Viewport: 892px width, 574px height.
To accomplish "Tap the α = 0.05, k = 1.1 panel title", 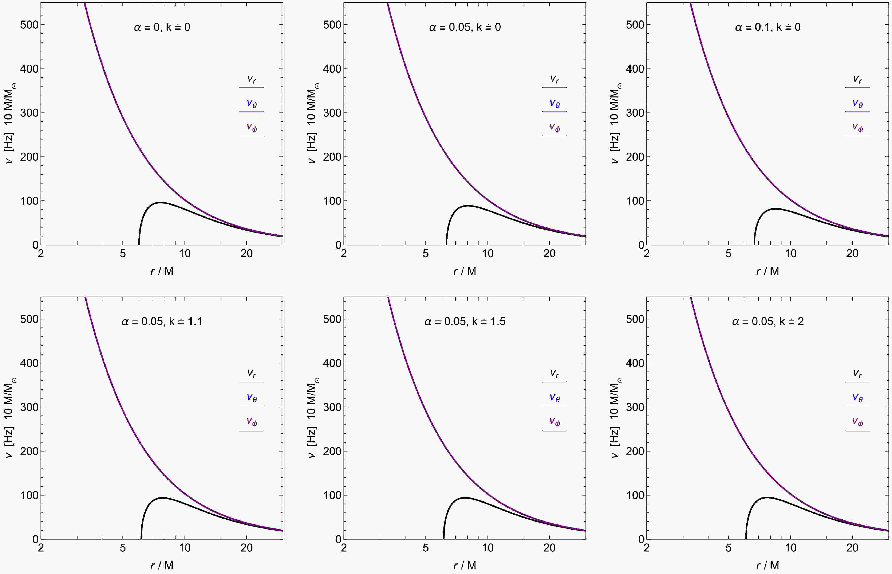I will (162, 321).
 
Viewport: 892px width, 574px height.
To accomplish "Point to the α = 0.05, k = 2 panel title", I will (768, 321).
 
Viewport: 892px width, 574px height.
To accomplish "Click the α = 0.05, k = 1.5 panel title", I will (465, 321).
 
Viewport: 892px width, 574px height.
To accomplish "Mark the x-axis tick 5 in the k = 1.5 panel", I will (425, 548).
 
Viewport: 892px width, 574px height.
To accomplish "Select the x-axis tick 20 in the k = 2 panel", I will (852, 548).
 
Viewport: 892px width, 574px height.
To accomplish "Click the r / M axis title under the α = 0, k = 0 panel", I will (162, 271).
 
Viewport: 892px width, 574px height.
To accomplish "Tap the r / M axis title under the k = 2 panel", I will (768, 565).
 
